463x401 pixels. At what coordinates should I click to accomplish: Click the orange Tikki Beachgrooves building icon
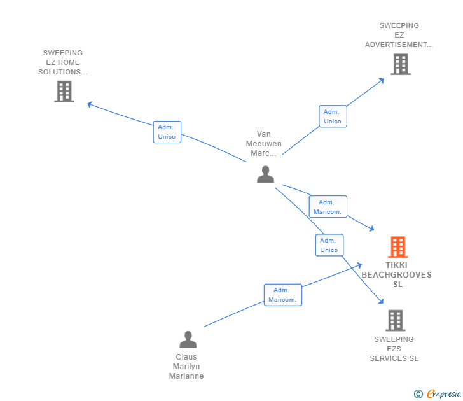pos(397,247)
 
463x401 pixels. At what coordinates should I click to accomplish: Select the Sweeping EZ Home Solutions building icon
pos(64,92)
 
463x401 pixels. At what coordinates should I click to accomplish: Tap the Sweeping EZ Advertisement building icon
pos(401,64)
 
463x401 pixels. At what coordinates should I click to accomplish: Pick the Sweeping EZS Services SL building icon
pos(396,320)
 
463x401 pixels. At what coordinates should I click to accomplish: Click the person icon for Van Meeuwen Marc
pos(265,174)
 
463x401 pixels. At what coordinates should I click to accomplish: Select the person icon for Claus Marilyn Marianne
pos(188,339)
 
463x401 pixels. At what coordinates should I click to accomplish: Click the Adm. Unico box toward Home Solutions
pos(167,132)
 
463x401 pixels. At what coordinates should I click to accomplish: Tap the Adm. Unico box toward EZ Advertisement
pos(333,116)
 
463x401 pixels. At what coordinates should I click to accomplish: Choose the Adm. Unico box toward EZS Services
pos(329,245)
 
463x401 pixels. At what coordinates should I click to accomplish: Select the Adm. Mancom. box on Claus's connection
pos(283,295)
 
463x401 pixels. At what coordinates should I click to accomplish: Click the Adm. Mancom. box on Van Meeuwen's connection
pos(328,207)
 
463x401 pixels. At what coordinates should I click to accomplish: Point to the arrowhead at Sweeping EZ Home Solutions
pos(90,104)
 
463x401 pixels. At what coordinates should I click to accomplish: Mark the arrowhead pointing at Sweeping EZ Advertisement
pos(382,80)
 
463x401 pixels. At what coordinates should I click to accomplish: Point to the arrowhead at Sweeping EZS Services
pos(381,301)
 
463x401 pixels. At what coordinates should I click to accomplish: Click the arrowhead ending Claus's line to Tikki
pos(359,265)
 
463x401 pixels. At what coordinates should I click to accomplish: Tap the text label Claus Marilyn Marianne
pos(186,367)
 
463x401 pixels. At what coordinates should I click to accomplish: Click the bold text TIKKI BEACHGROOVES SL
pos(397,275)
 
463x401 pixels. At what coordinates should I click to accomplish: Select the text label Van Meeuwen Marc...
pos(264,144)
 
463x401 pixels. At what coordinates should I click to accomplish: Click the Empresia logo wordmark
pos(444,393)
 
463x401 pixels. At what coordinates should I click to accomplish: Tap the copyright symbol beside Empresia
pos(418,394)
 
